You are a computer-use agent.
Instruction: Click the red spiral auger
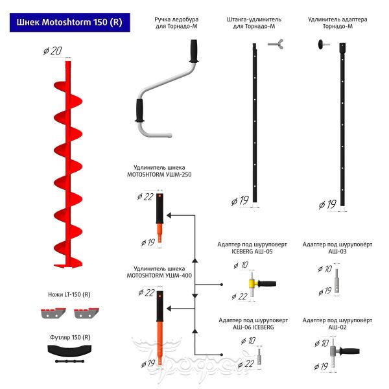click(67, 162)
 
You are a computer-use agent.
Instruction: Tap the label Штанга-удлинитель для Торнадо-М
click(255, 24)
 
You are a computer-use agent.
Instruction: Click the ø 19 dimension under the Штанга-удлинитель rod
click(240, 201)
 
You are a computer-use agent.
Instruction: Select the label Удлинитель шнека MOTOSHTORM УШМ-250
click(159, 171)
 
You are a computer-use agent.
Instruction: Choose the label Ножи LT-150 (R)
click(69, 294)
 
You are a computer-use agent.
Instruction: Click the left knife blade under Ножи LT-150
click(53, 315)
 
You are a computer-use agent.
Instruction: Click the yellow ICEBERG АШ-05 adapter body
click(251, 283)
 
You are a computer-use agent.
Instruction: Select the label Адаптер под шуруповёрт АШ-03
click(338, 248)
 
